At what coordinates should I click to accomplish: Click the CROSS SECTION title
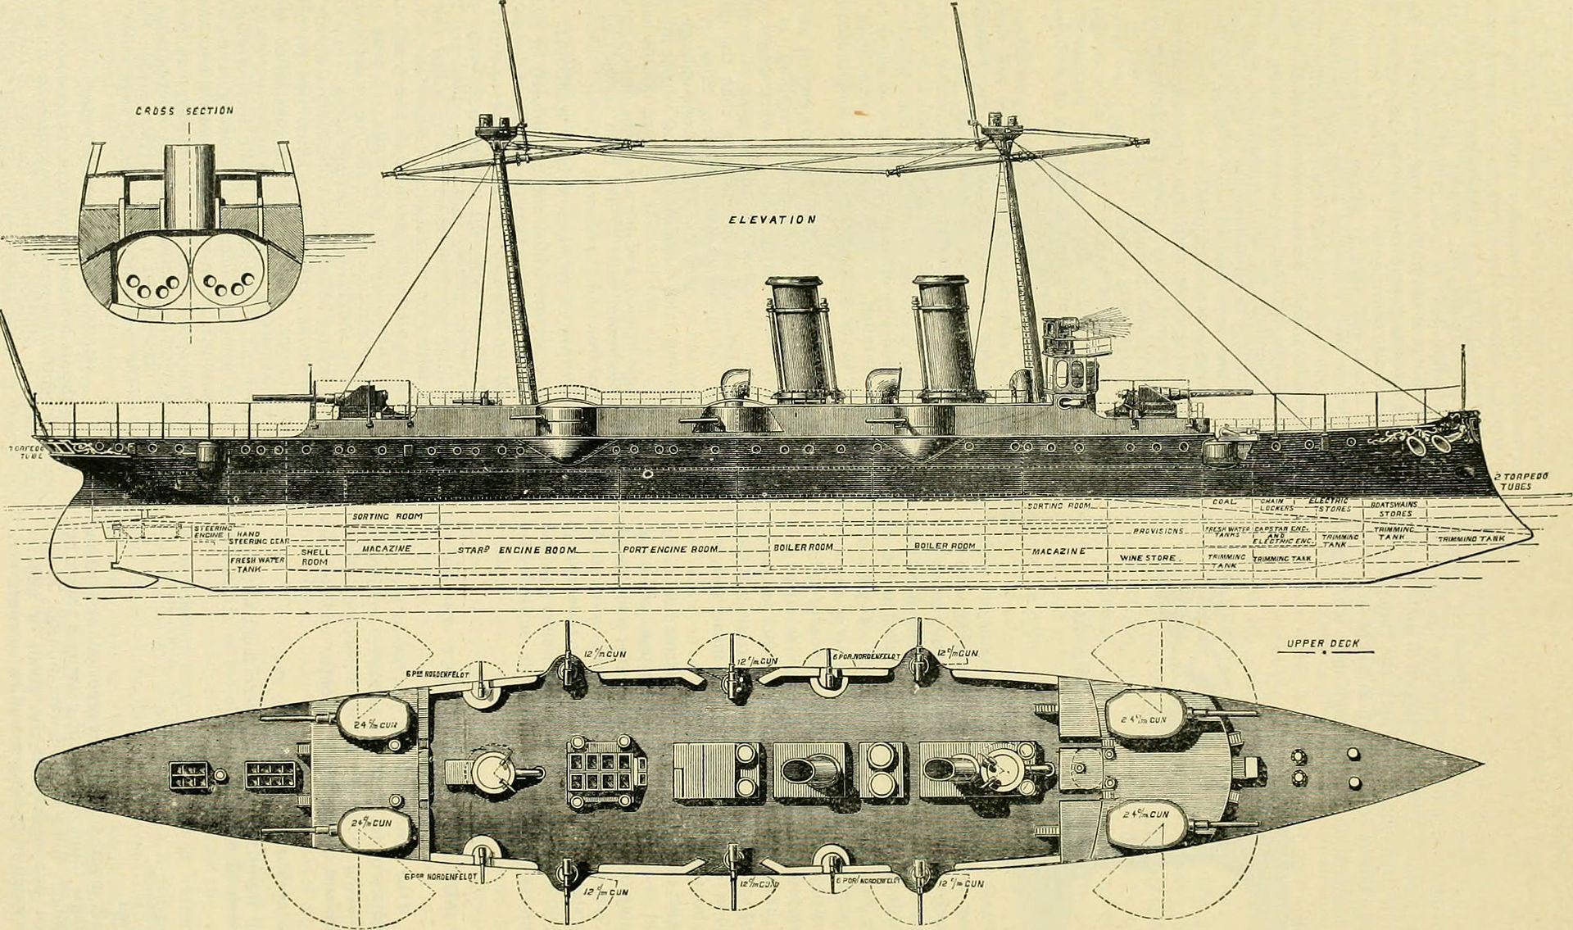(184, 111)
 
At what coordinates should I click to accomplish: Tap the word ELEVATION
(773, 220)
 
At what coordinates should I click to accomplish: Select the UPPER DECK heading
(1322, 644)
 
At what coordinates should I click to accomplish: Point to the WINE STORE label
(1148, 558)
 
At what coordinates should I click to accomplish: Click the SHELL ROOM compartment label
(315, 557)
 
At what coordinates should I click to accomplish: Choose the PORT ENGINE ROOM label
(670, 549)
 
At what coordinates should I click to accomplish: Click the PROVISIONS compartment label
(1158, 531)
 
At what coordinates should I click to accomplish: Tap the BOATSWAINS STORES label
(1394, 509)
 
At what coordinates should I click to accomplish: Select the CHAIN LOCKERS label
(1276, 505)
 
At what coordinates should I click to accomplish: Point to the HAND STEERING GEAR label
(255, 538)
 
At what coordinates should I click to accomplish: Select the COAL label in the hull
(1224, 501)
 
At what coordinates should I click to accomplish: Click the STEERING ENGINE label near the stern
(212, 533)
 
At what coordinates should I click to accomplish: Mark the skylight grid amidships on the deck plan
(605, 769)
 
